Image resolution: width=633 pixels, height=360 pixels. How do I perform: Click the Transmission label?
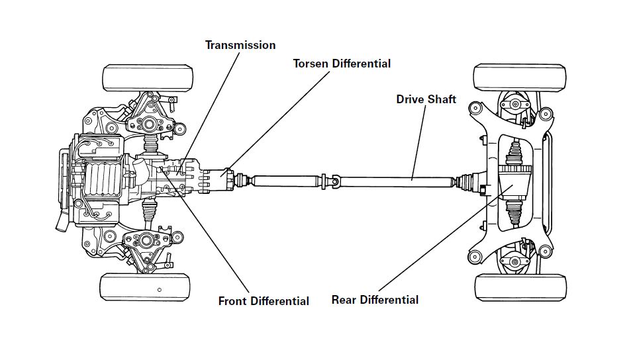(240, 45)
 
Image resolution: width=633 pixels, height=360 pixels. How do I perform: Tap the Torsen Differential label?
(342, 64)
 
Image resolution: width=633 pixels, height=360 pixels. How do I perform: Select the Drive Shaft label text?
(426, 99)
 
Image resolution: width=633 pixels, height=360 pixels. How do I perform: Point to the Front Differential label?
(264, 301)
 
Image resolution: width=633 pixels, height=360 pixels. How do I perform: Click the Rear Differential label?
(375, 300)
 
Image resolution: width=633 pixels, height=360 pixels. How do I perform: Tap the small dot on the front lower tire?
(160, 290)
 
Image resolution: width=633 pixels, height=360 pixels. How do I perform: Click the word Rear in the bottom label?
(344, 300)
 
